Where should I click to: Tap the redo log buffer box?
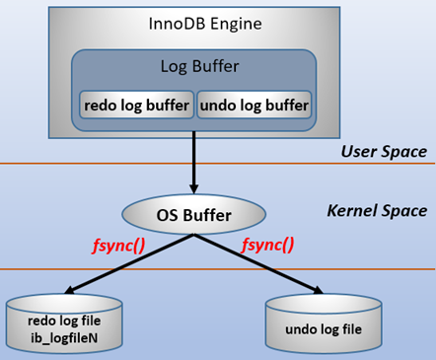click(136, 104)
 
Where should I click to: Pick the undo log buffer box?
click(254, 104)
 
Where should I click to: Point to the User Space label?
click(383, 151)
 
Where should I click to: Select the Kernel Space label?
click(377, 211)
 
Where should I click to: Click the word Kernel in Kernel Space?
click(353, 211)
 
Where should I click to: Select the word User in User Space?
click(358, 151)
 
